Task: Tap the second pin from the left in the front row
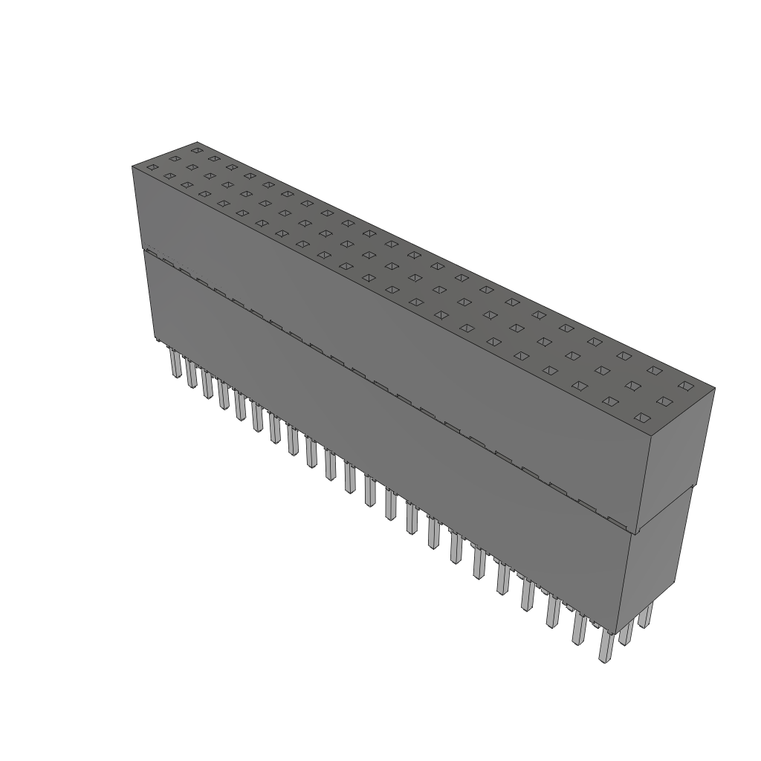tap(192, 375)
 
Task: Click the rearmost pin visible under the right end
tap(647, 614)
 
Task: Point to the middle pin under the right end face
tap(626, 630)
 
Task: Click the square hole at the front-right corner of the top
tap(641, 418)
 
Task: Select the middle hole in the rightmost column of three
tap(664, 401)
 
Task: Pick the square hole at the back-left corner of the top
tap(196, 150)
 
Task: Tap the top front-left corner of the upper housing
tap(132, 166)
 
